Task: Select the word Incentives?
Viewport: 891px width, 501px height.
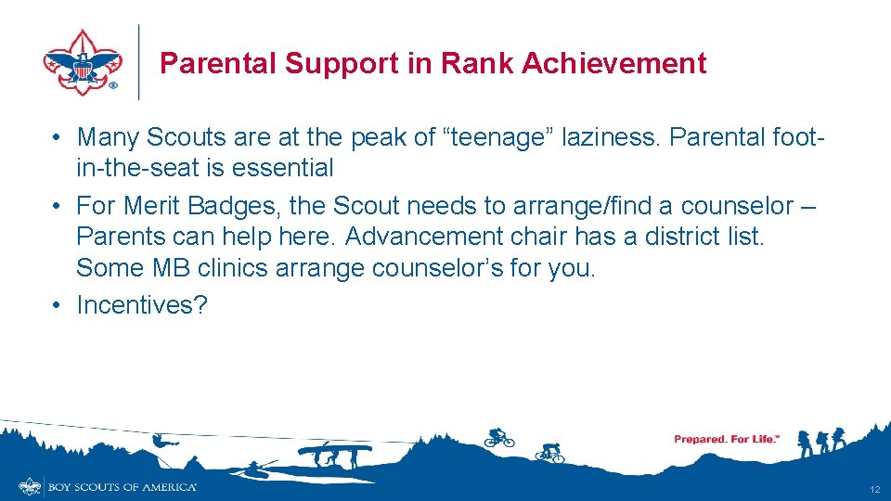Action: click(142, 304)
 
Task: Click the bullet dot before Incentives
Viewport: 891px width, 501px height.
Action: click(58, 304)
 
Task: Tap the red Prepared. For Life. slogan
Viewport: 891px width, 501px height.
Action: click(726, 439)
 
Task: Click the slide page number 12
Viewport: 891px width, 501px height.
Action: click(874, 489)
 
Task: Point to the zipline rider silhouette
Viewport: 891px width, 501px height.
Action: click(160, 441)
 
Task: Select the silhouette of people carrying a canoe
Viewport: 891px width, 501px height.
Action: click(334, 454)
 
